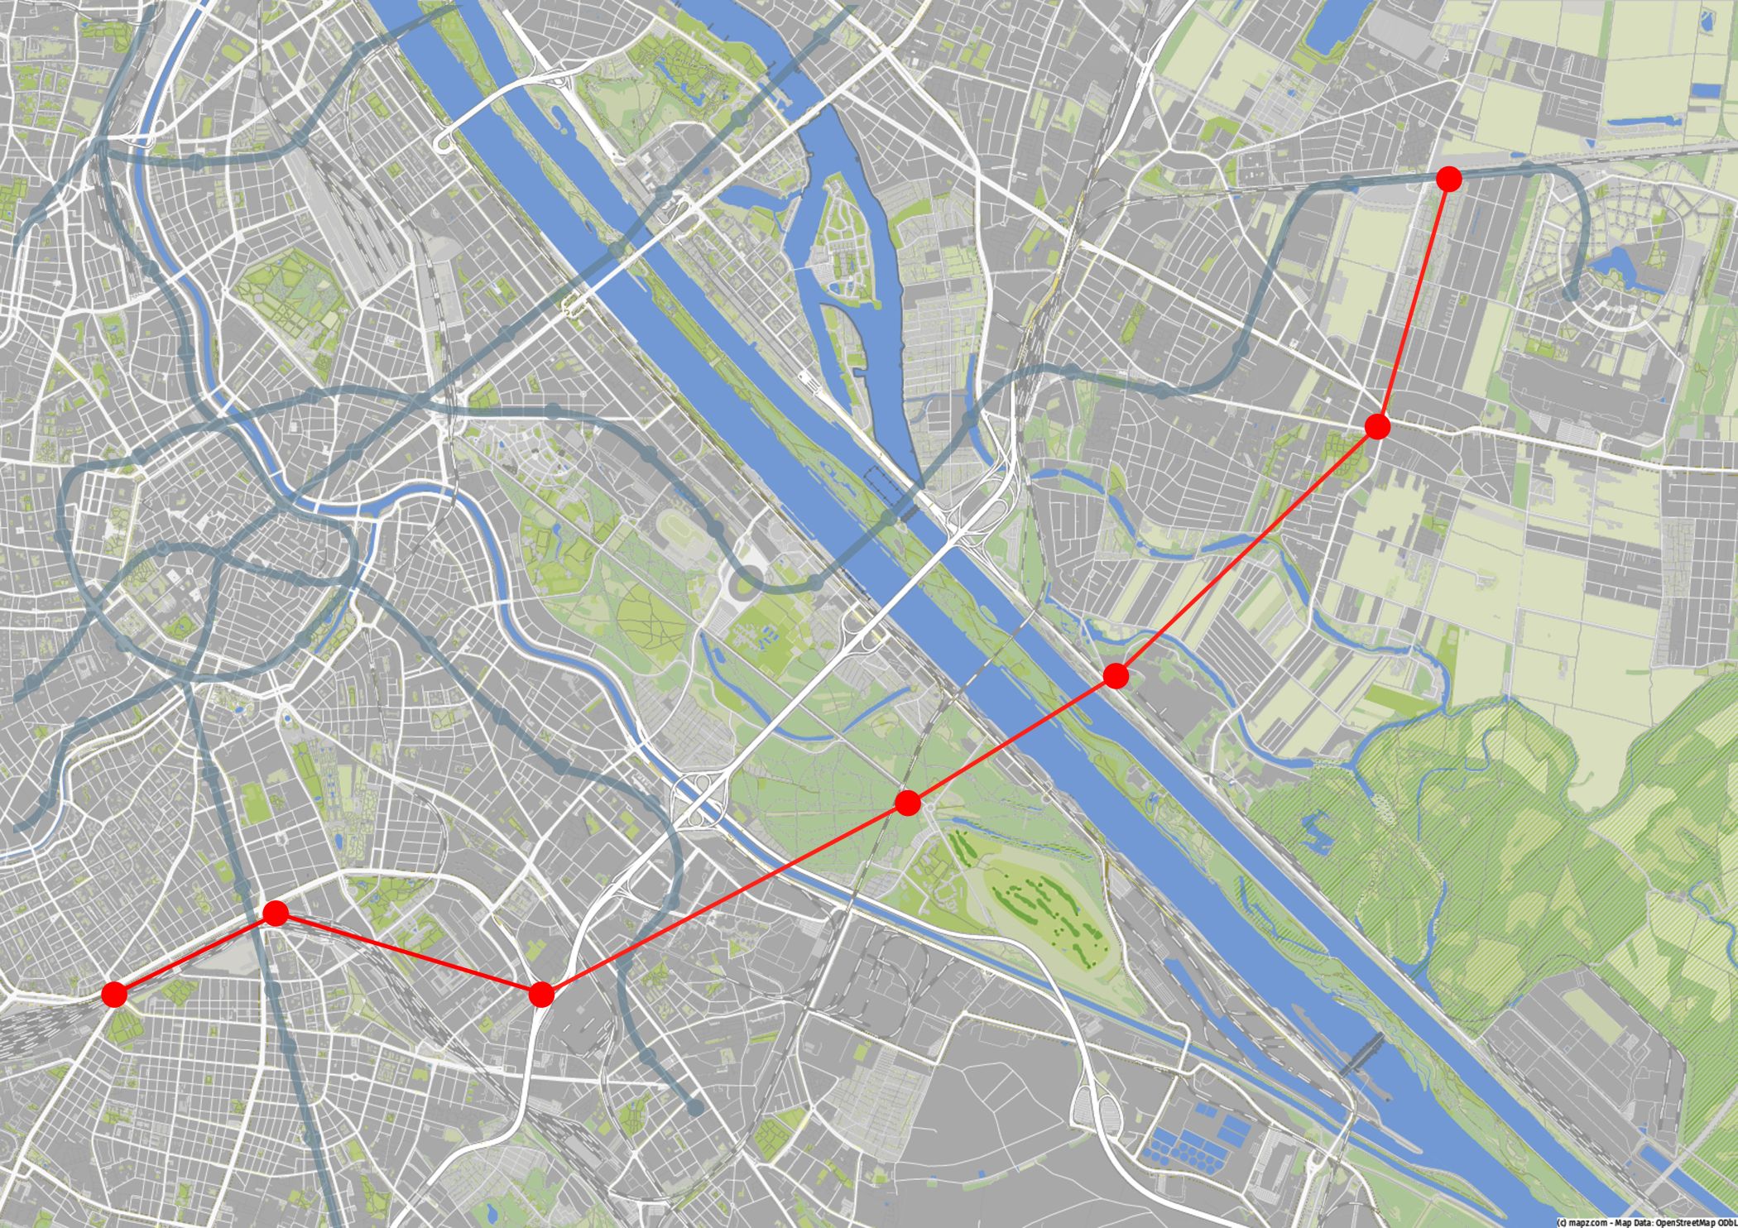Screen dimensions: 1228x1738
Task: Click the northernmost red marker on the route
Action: pyautogui.click(x=1448, y=178)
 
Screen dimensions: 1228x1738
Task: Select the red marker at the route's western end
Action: pyautogui.click(x=114, y=994)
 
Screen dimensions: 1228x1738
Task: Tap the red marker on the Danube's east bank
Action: pyautogui.click(x=1116, y=675)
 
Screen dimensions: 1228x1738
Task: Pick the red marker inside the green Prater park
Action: pyautogui.click(x=908, y=803)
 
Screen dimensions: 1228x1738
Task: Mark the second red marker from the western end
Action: pyautogui.click(x=275, y=914)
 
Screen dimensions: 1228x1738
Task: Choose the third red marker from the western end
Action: pyautogui.click(x=540, y=994)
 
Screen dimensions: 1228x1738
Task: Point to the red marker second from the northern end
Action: pyautogui.click(x=1377, y=426)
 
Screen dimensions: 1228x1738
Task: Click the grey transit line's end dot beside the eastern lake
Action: pyautogui.click(x=1570, y=293)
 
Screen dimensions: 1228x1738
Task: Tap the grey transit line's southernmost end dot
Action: pyautogui.click(x=695, y=1107)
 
